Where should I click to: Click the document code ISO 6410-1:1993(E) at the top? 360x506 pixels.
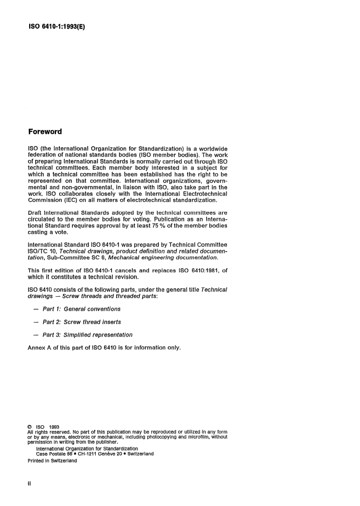(x=57, y=27)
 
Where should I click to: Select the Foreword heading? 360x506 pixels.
(x=45, y=132)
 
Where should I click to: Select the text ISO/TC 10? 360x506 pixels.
(x=42, y=251)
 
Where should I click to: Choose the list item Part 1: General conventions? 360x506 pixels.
(x=81, y=309)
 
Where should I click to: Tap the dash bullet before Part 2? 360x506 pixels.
(x=36, y=322)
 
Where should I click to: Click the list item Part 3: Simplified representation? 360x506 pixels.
(x=88, y=335)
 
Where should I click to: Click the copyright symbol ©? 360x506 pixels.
(x=30, y=427)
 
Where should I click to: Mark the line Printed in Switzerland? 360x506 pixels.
(x=52, y=461)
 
